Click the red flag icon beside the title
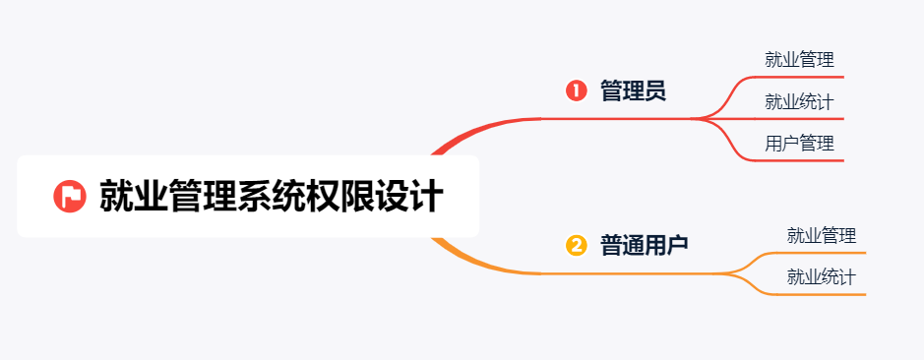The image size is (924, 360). (69, 196)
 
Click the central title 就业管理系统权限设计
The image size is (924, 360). (271, 196)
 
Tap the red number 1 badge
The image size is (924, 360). (577, 91)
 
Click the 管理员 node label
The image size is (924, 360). (633, 91)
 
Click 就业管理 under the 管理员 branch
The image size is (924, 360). (799, 59)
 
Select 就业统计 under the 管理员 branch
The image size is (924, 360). (799, 101)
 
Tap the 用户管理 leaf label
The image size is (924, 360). (799, 144)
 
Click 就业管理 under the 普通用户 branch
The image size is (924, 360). (822, 236)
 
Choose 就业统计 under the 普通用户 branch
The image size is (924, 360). (822, 277)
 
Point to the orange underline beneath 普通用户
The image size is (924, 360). (630, 272)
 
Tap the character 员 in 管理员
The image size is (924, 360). (655, 91)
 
